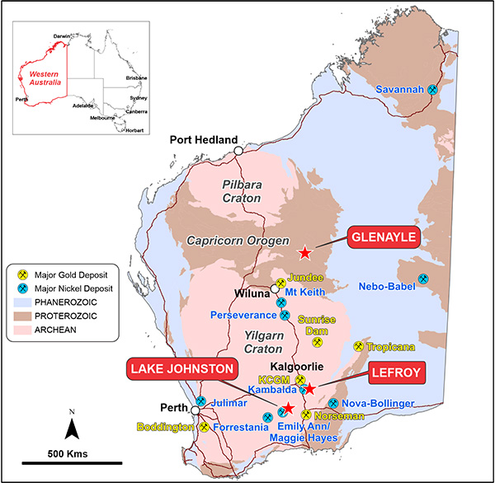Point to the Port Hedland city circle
(238, 151)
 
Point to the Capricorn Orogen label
(234, 241)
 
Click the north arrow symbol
(72, 425)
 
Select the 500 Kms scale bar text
(68, 454)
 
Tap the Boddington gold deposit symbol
(204, 427)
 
